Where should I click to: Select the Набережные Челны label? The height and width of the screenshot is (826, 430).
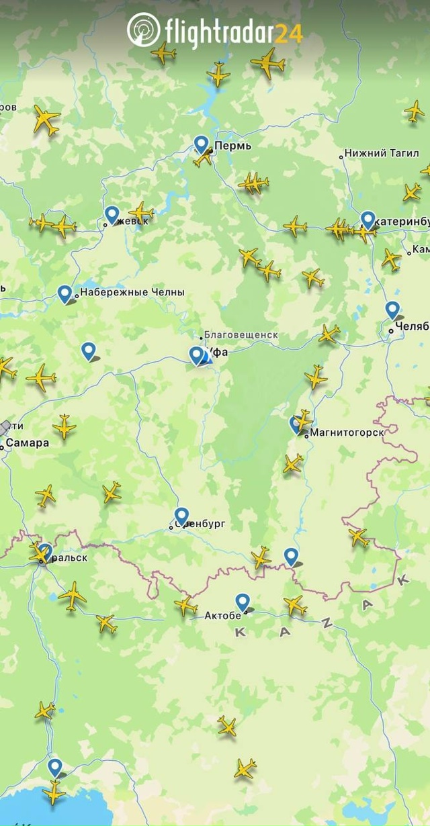point(132,293)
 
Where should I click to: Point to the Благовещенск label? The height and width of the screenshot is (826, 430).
point(241,335)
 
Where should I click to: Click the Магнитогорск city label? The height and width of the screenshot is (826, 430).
point(347,433)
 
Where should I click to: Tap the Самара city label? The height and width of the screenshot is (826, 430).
point(28,443)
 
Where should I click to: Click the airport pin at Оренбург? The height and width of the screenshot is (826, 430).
point(181,516)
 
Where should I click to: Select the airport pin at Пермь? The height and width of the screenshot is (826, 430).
point(201,143)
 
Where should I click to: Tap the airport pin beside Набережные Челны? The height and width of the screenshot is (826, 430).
point(64,293)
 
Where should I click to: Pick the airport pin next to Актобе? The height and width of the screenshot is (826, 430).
point(243,602)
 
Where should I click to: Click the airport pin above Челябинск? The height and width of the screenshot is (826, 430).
point(392,309)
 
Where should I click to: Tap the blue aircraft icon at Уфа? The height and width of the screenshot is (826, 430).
point(206,358)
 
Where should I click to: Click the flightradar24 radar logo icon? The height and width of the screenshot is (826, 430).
point(143,30)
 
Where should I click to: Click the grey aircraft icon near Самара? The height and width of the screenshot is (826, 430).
point(5,427)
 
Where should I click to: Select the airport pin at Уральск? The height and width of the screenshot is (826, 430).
point(45,551)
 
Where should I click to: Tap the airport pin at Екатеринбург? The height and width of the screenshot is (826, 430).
point(368,219)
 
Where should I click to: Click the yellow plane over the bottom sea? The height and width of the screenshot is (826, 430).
point(53,792)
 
